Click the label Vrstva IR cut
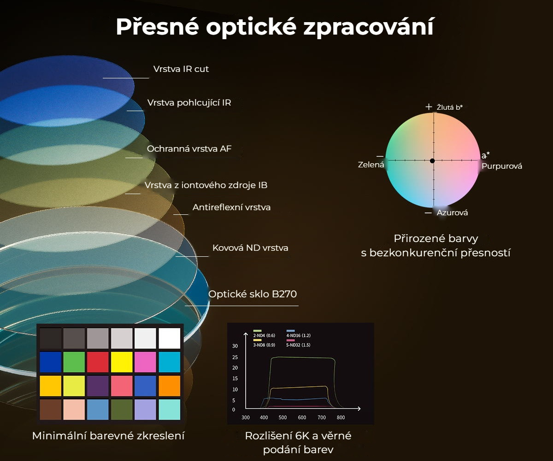[x=181, y=69]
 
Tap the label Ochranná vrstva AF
[x=189, y=149]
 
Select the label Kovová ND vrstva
[x=250, y=248]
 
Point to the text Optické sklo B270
[x=253, y=294]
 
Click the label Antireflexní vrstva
[x=231, y=207]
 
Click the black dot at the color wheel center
[x=432, y=161]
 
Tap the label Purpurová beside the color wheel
[x=502, y=166]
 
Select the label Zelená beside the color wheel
[x=371, y=165]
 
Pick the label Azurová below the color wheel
[x=452, y=213]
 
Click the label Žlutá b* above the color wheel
[x=449, y=107]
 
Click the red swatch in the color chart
[x=98, y=362]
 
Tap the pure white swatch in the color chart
[x=169, y=338]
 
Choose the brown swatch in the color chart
[x=50, y=410]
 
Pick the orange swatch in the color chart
[x=169, y=386]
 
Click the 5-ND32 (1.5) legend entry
[x=298, y=344]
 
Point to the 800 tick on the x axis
[x=341, y=418]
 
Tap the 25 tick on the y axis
[x=235, y=357]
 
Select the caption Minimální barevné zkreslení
[x=108, y=436]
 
